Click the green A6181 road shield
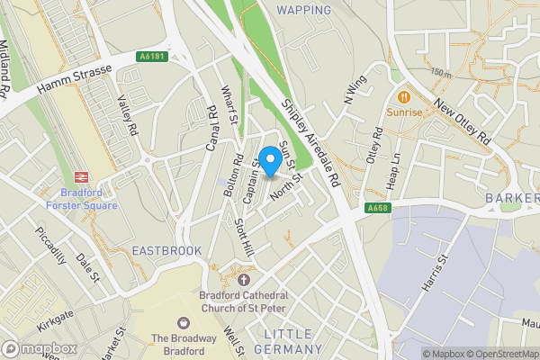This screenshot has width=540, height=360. (x=153, y=56)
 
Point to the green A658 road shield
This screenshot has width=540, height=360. (x=379, y=209)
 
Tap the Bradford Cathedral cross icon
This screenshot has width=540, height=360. (x=242, y=280)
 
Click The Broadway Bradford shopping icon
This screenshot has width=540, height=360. (x=184, y=321)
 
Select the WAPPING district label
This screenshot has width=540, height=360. (x=304, y=10)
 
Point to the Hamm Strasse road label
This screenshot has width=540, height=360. (x=74, y=77)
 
